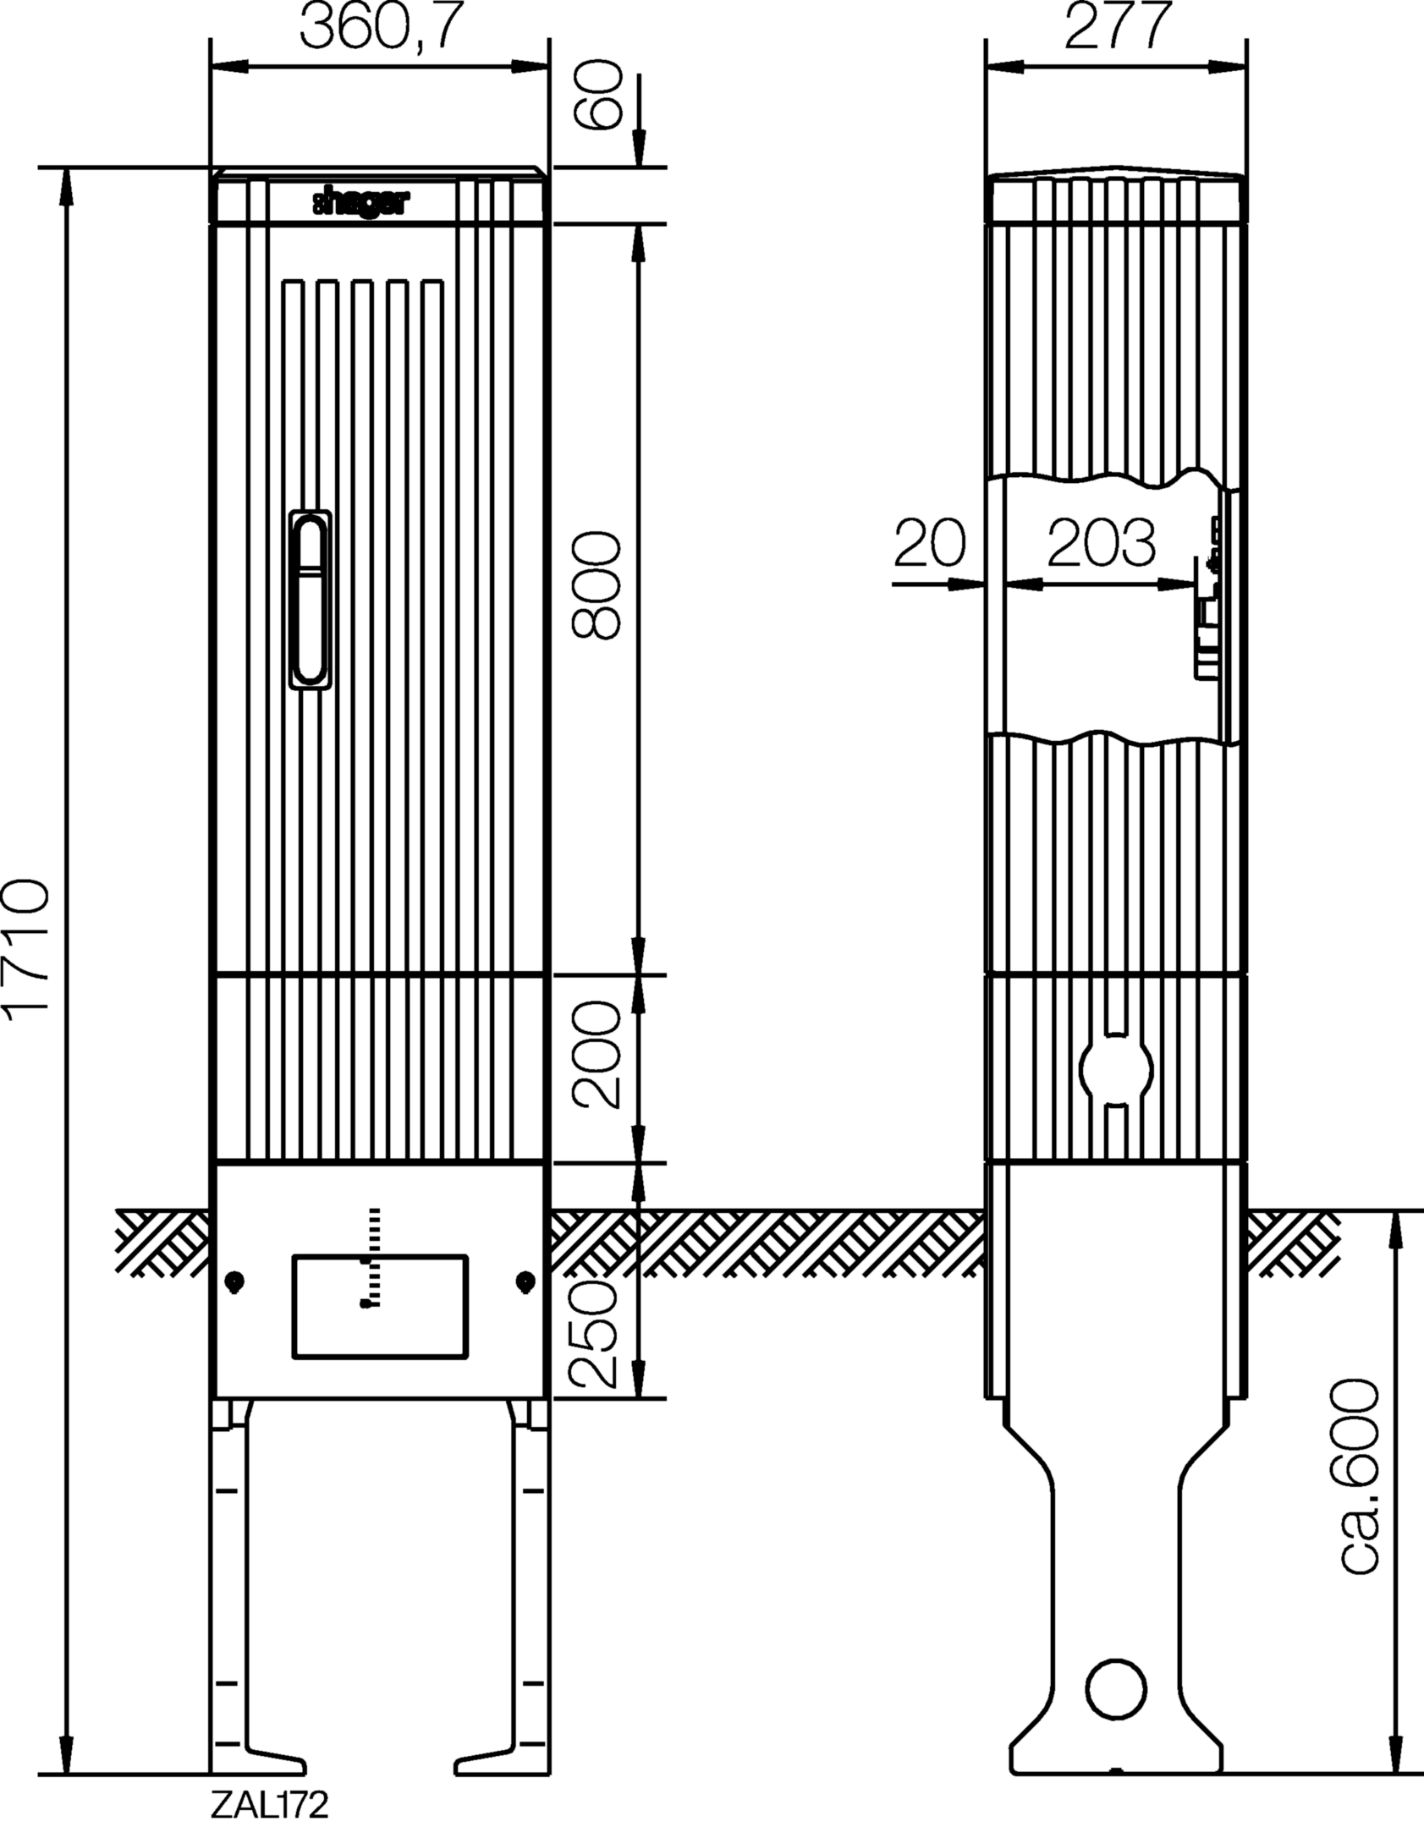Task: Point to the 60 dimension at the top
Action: pyautogui.click(x=598, y=95)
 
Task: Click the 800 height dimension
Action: pyautogui.click(x=597, y=584)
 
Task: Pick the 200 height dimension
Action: pyautogui.click(x=597, y=1054)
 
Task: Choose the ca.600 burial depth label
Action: pyautogui.click(x=1361, y=1501)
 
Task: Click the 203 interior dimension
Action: pyautogui.click(x=1101, y=543)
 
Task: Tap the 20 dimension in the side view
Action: pyautogui.click(x=929, y=543)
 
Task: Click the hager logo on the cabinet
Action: pyautogui.click(x=362, y=203)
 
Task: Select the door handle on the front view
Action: pyautogui.click(x=310, y=601)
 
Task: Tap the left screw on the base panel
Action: pyautogui.click(x=235, y=1282)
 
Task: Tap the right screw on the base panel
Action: pyautogui.click(x=525, y=1282)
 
